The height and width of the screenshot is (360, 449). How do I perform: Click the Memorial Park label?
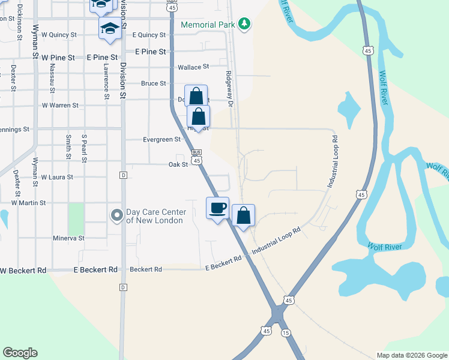[x=206, y=24]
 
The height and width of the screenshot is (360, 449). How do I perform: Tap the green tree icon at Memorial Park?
[x=244, y=24]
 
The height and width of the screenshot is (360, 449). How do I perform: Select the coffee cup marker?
[x=217, y=208]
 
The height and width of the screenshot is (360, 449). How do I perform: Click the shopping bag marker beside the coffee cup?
[x=243, y=215]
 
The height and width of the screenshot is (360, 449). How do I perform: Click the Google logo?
[x=20, y=353]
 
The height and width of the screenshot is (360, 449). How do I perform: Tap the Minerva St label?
[x=69, y=238]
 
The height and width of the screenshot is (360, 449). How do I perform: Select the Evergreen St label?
[x=161, y=140]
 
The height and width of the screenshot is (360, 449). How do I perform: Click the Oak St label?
[x=178, y=164]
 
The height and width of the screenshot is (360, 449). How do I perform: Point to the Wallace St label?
[x=193, y=67]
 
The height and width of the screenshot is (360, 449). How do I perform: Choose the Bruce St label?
[x=153, y=83]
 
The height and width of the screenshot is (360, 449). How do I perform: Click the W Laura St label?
[x=57, y=178]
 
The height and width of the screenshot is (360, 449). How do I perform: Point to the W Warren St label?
[x=60, y=106]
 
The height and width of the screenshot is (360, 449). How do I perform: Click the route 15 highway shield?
[x=285, y=332]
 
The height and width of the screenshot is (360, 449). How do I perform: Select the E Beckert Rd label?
[x=223, y=259]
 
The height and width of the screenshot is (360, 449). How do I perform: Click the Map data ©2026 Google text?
[x=411, y=355]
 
